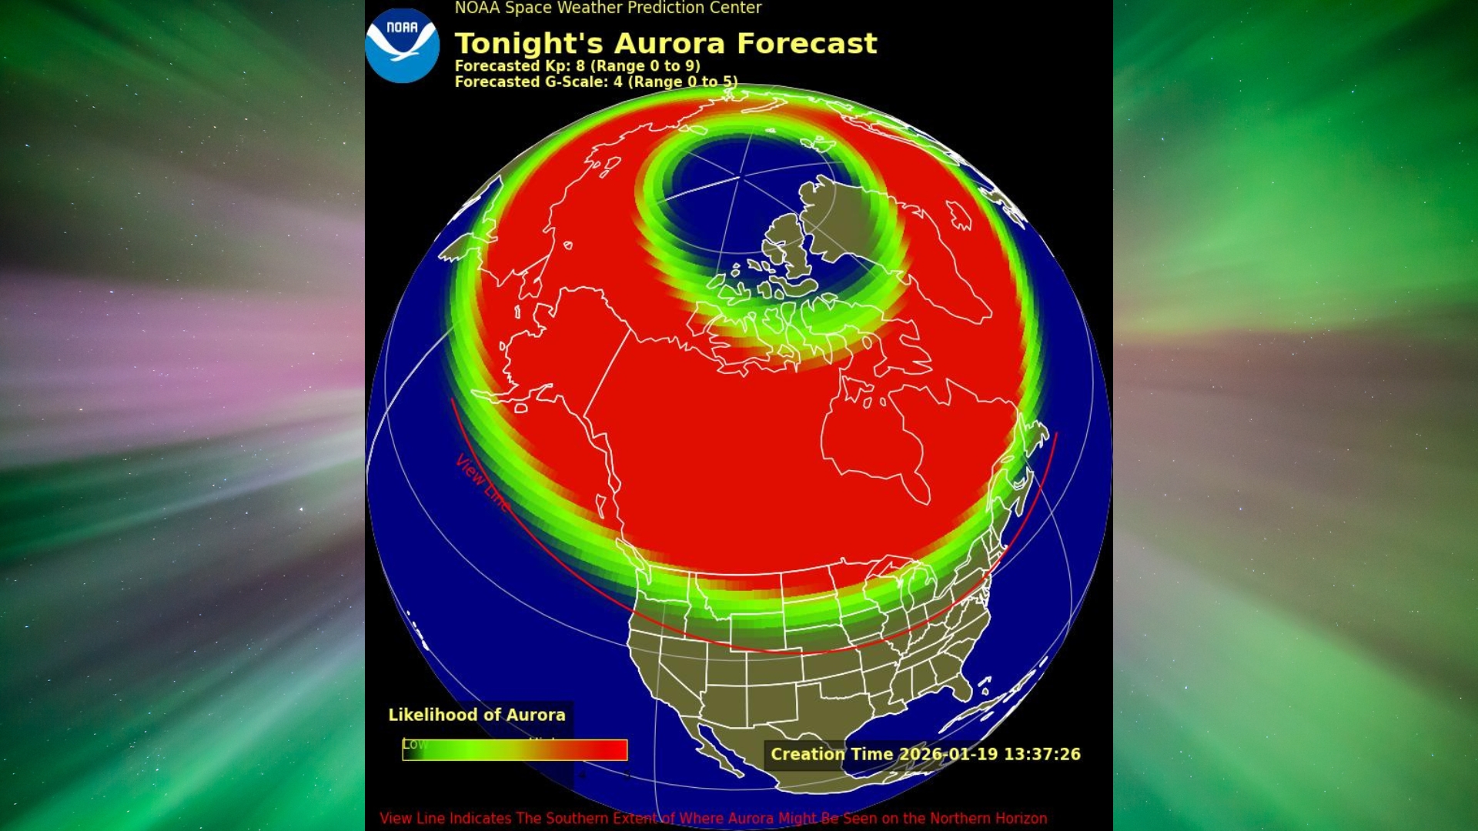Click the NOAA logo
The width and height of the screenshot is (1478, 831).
tap(402, 45)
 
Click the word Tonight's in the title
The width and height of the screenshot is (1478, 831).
tap(529, 44)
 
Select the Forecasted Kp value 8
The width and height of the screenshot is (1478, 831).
tap(580, 66)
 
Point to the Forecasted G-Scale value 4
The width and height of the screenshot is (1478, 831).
tap(617, 82)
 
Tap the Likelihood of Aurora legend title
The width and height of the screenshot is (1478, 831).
tap(477, 715)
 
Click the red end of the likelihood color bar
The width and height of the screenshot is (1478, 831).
tap(612, 750)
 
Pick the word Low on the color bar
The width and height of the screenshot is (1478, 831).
tap(414, 744)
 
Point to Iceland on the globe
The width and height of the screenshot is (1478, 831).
tap(959, 215)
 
